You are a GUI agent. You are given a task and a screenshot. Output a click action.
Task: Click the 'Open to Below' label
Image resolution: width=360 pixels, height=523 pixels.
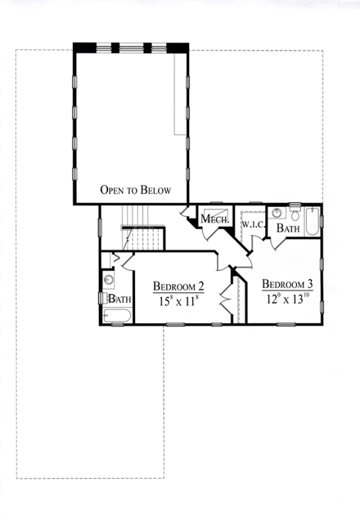coord(135,190)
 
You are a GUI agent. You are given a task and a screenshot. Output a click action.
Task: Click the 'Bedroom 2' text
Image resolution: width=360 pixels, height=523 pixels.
coord(178,286)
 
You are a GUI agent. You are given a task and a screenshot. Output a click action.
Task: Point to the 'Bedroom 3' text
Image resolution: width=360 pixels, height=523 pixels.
coord(286,284)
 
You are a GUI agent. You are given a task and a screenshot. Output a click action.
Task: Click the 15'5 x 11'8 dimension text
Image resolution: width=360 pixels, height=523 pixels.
coord(178,301)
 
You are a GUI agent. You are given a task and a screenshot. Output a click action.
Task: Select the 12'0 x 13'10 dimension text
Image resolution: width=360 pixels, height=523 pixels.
coord(287,298)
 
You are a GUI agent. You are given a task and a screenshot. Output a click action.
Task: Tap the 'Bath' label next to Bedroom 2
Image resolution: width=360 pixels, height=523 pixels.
coord(119,300)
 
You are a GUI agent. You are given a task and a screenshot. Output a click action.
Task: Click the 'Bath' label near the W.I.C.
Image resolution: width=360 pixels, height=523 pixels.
coord(287,228)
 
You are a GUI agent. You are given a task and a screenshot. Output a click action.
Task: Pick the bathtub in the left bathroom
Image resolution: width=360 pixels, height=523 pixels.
coord(118,316)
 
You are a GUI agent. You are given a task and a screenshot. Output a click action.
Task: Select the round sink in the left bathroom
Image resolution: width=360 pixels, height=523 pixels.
coord(109,280)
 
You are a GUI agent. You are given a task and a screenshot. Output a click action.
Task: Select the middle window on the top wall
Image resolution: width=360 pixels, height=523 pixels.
coord(131,47)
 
